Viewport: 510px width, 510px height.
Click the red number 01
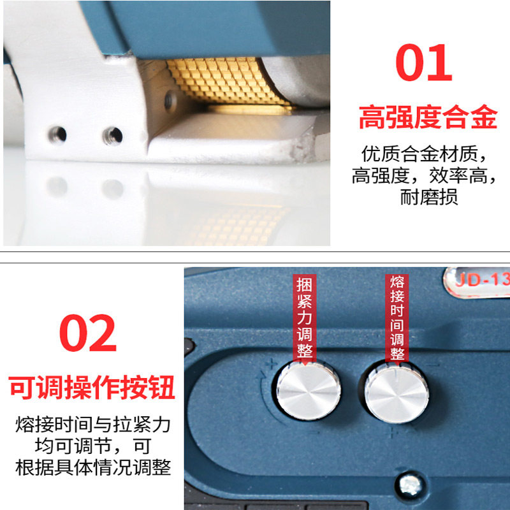point(424,62)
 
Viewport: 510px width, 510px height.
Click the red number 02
point(88,333)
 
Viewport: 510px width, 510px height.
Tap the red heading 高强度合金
point(428,117)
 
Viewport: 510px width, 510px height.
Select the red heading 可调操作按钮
point(91,387)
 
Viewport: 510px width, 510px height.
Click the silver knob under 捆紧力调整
point(309,391)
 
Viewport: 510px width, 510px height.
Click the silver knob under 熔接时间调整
point(397,394)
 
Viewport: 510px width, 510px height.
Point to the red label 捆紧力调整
point(305,317)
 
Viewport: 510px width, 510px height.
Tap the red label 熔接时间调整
point(397,317)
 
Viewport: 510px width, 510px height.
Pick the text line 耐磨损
point(429,197)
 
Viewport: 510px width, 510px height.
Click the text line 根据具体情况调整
point(93,468)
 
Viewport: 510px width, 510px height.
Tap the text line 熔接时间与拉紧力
point(93,425)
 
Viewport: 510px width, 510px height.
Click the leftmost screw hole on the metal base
point(57,135)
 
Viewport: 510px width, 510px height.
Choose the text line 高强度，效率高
point(425,176)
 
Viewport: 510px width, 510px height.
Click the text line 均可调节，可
point(93,446)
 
